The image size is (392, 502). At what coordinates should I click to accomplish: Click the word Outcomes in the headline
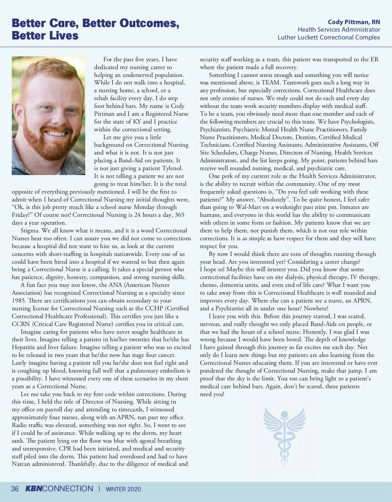pyautogui.click(x=149, y=23)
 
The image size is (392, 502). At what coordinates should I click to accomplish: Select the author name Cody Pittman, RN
pyautogui.click(x=354, y=22)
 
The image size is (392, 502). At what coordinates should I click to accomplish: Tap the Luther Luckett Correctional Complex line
pyautogui.click(x=329, y=37)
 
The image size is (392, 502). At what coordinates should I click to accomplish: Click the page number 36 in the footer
pyautogui.click(x=15, y=489)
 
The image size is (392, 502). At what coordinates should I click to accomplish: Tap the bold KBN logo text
pyautogui.click(x=34, y=489)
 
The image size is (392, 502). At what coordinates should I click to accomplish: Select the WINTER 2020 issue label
pyautogui.click(x=123, y=489)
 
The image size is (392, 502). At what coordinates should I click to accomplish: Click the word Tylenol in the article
pyautogui.click(x=172, y=168)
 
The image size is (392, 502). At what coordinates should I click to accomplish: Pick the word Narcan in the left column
pyautogui.click(x=22, y=464)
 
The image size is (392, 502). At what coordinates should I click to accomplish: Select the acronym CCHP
pyautogui.click(x=155, y=308)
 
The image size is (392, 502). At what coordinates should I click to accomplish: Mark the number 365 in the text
pyautogui.click(x=179, y=215)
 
